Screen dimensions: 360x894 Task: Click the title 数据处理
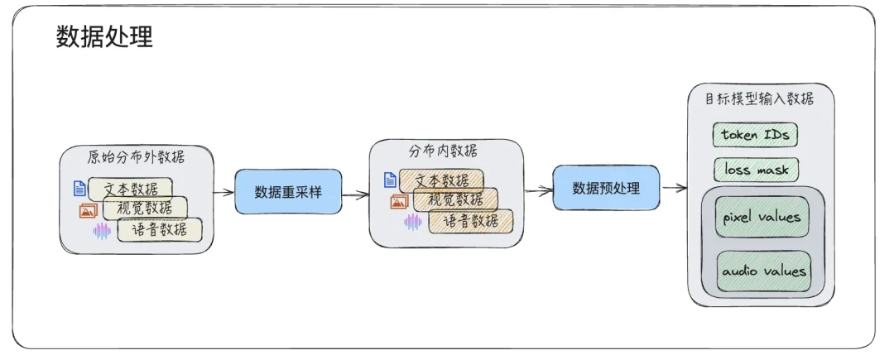coord(104,37)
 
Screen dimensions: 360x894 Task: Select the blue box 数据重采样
coord(288,192)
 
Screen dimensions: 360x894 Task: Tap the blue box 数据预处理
coord(606,188)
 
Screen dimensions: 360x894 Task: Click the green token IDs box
coord(755,134)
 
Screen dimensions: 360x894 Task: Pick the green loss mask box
coord(756,170)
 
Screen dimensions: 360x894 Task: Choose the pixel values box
coord(762,217)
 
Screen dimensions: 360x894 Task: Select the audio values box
coord(762,271)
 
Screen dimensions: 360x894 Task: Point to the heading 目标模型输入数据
coord(759,99)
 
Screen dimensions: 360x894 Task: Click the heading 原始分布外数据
coord(136,156)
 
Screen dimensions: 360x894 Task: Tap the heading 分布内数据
coord(443,151)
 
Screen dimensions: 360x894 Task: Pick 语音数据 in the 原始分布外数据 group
coord(159,229)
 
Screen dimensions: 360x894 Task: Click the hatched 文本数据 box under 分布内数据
coord(441,180)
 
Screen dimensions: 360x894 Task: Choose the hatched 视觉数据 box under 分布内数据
coord(455,199)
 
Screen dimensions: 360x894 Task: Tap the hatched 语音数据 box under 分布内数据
coord(470,221)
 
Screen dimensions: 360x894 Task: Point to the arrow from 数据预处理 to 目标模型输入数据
coord(675,188)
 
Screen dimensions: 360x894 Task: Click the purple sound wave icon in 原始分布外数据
coord(102,231)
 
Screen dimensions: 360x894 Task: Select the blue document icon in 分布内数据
coord(390,180)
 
